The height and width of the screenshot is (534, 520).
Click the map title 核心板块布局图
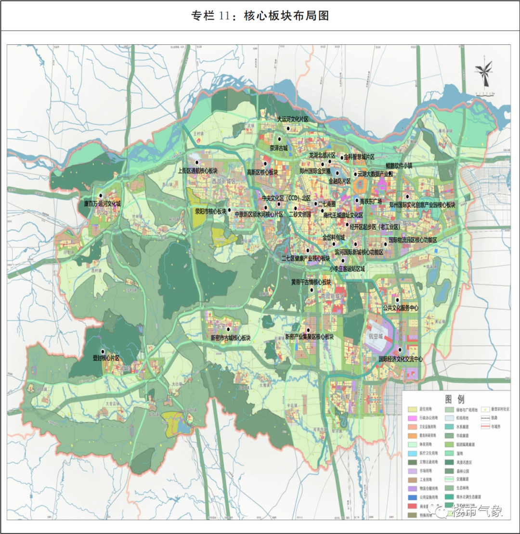tap(260, 15)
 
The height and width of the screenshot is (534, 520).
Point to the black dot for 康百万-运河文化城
tap(101, 195)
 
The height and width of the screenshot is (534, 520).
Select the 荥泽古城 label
tap(278, 148)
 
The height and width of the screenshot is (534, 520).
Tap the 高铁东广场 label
tap(371, 201)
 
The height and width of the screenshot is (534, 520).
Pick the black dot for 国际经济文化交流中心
tap(401, 350)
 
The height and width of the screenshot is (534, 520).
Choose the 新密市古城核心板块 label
tap(231, 338)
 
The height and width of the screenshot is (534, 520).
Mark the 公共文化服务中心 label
tap(401, 308)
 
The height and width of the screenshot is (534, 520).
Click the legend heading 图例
tap(455, 399)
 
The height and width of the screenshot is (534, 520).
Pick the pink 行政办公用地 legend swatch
tap(412, 418)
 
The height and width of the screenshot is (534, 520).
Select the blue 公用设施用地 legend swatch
tap(412, 497)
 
